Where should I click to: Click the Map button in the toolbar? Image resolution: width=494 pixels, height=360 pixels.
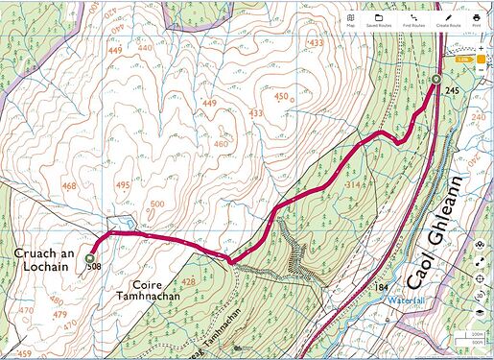[352, 20]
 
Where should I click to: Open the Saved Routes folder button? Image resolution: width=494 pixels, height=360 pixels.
[379, 20]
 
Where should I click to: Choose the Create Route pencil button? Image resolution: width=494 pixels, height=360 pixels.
[447, 20]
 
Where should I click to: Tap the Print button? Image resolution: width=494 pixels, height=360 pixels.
[477, 20]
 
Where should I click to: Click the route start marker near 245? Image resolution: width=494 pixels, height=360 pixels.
[435, 80]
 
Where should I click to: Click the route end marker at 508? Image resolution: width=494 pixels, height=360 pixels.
[90, 258]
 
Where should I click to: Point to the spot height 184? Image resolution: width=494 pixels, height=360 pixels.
[383, 287]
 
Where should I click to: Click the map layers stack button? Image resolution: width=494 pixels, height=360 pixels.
[479, 312]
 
